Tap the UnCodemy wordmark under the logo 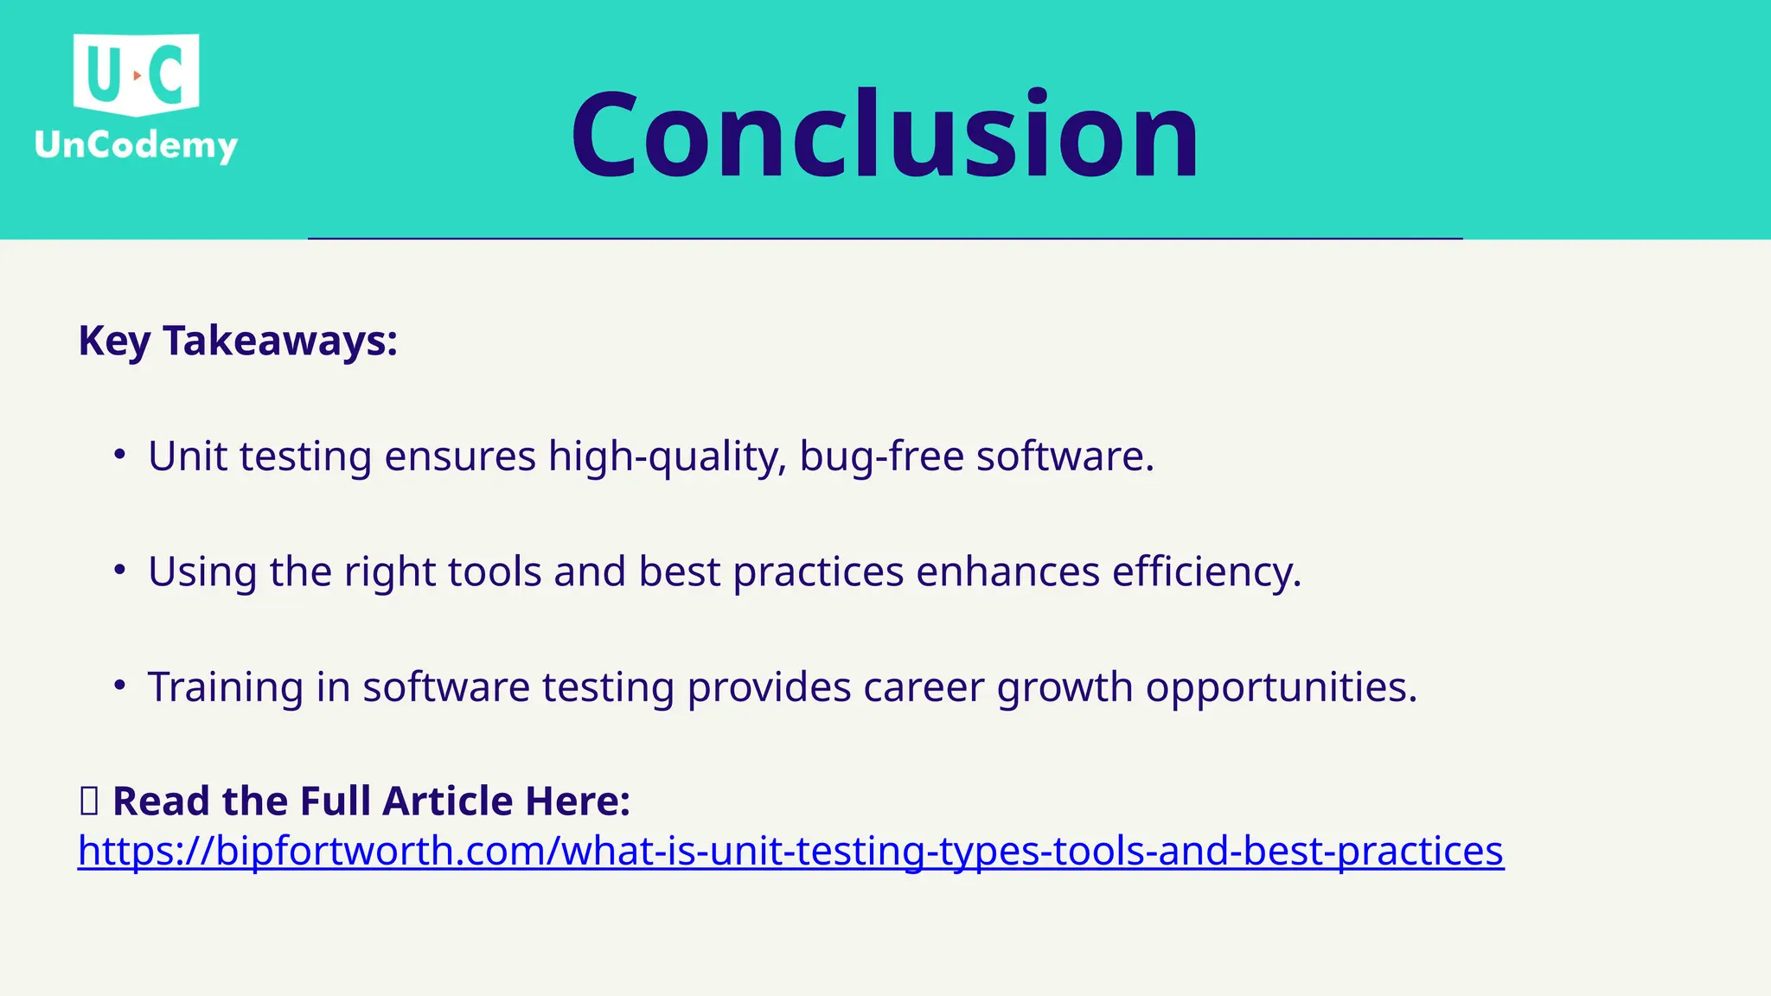coord(136,144)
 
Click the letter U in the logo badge coord(102,74)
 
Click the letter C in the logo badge coord(167,74)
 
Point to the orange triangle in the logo coord(137,76)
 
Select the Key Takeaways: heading coord(238,341)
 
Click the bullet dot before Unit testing coord(120,454)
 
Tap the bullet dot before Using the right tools coord(120,570)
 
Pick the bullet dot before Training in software coord(120,686)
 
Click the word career coord(923,688)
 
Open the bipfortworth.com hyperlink coord(790,851)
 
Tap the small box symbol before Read coord(89,801)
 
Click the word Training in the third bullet coord(225,688)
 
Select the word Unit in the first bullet coord(187,456)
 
